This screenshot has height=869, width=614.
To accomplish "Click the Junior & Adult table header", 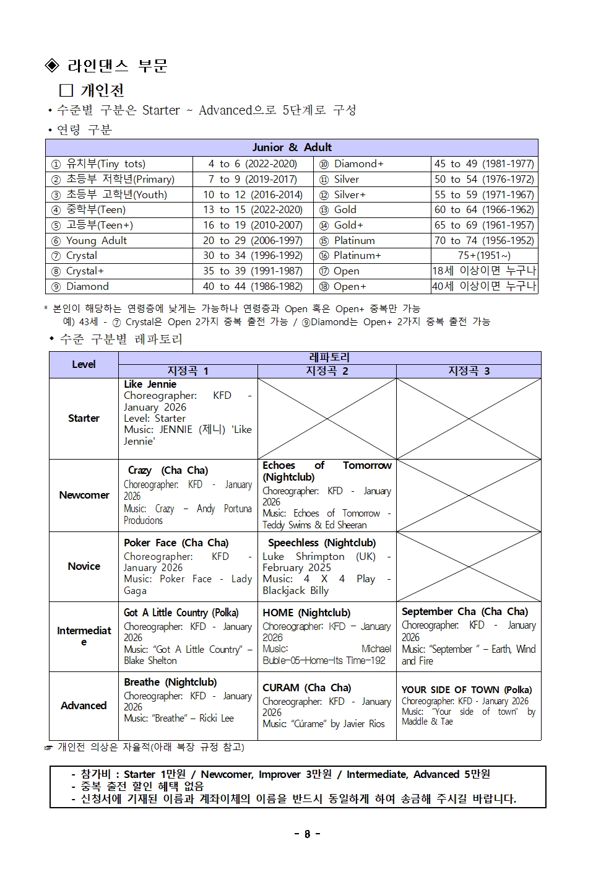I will click(x=292, y=147).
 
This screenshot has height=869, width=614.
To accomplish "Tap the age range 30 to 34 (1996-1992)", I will click(x=253, y=256).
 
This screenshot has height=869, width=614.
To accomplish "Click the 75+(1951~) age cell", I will click(x=484, y=256).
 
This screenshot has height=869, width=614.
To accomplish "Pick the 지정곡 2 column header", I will click(x=327, y=371).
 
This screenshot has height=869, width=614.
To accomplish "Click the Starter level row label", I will click(x=84, y=418).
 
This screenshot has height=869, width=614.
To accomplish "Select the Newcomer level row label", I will click(x=84, y=495).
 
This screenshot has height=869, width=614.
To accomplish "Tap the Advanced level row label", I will click(x=84, y=705).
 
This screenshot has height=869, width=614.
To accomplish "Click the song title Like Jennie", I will click(x=150, y=385).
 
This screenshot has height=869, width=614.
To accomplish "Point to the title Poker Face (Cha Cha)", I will click(x=176, y=543).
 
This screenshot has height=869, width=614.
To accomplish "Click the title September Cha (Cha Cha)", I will click(x=464, y=612).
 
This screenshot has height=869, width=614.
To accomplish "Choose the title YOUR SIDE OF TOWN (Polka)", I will click(x=466, y=690).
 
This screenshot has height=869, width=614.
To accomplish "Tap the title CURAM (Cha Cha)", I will click(x=306, y=688).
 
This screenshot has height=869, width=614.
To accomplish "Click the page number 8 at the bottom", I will click(x=307, y=834).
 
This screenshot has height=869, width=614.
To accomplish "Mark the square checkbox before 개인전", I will click(x=66, y=90).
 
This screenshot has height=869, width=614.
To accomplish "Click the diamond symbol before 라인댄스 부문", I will click(x=52, y=66).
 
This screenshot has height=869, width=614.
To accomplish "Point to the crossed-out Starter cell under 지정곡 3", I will click(x=469, y=418).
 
